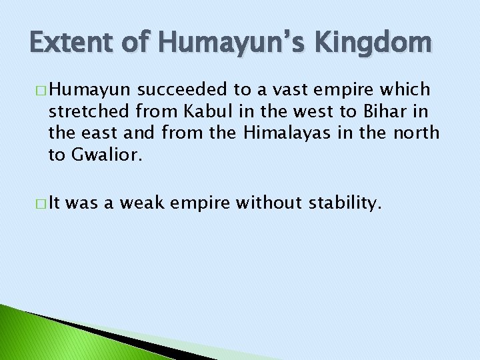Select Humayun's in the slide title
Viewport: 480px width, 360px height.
click(x=231, y=45)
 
